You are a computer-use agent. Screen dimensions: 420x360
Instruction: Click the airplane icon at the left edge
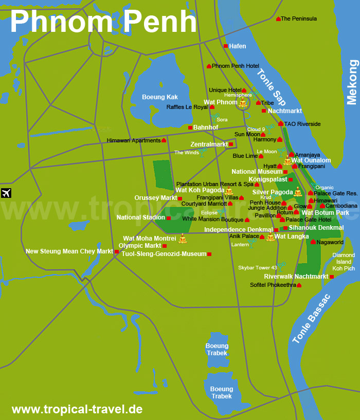pyautogui.click(x=6, y=193)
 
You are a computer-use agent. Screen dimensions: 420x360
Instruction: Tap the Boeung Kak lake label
pyautogui.click(x=160, y=97)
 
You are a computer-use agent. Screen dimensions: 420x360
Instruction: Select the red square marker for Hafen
pyautogui.click(x=225, y=46)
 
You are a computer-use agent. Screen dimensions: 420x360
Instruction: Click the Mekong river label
pyautogui.click(x=352, y=82)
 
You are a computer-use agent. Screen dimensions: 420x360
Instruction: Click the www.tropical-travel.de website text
pyautogui.click(x=77, y=410)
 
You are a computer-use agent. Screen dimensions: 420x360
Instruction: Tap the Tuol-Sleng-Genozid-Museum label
pyautogui.click(x=164, y=254)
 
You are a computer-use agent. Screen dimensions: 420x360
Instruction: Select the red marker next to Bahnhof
pyautogui.click(x=190, y=127)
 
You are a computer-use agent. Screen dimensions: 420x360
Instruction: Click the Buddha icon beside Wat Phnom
pyautogui.click(x=243, y=103)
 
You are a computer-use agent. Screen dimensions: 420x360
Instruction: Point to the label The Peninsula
pyautogui.click(x=299, y=19)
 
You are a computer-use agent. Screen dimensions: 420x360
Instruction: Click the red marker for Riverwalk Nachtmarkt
pyautogui.click(x=332, y=277)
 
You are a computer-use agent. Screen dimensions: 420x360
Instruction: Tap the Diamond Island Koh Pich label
pyautogui.click(x=343, y=262)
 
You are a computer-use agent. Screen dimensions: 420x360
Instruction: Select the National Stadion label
pyautogui.click(x=140, y=217)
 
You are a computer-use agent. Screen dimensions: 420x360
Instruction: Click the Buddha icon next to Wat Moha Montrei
pyautogui.click(x=182, y=239)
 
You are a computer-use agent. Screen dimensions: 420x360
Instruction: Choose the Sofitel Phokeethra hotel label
pyautogui.click(x=273, y=285)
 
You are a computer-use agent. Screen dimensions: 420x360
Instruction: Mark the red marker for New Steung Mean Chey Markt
pyautogui.click(x=117, y=251)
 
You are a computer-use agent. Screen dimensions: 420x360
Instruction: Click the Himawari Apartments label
pyautogui.click(x=134, y=140)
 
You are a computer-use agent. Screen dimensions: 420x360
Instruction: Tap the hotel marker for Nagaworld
pyautogui.click(x=313, y=242)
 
